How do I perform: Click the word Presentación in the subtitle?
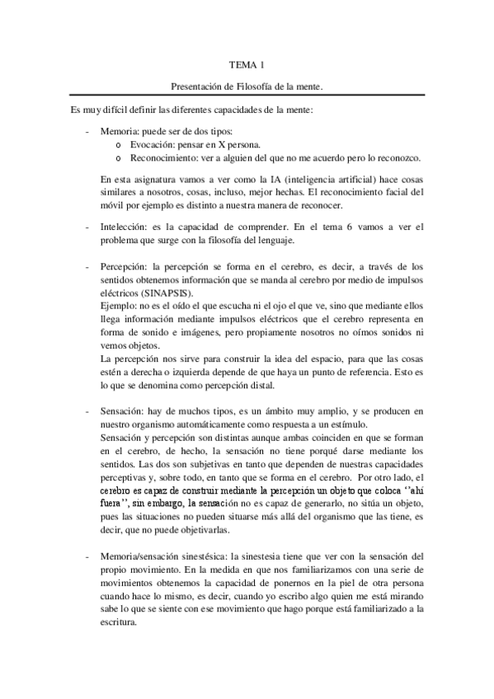[x=196, y=86]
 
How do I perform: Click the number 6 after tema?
[x=333, y=227]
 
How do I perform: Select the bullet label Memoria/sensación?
[x=143, y=536]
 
